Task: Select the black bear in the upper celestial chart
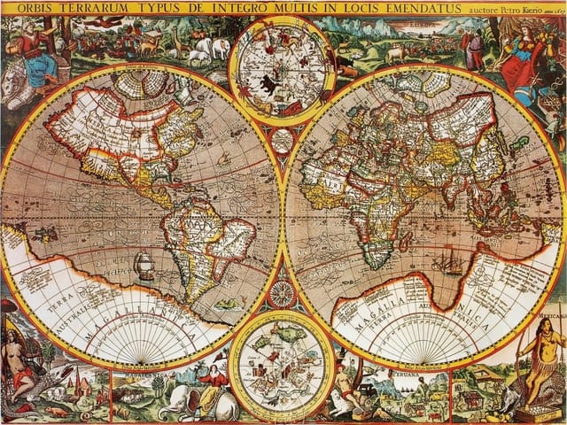[264, 86]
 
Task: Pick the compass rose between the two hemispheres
[283, 293]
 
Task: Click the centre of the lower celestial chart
[282, 366]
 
